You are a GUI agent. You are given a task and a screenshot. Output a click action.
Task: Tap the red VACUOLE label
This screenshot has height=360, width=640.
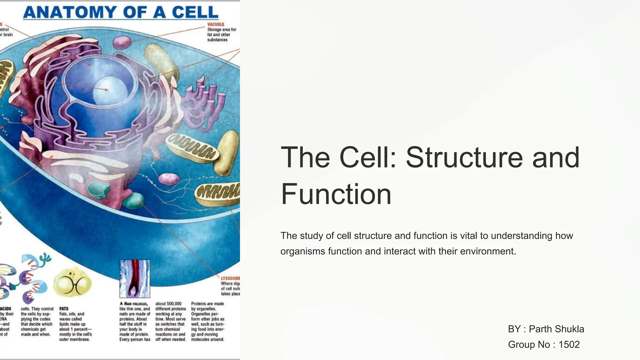(216, 24)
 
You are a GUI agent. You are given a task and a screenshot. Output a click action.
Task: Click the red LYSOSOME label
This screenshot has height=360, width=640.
(230, 278)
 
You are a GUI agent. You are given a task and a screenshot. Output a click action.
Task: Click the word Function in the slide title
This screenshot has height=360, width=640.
(336, 194)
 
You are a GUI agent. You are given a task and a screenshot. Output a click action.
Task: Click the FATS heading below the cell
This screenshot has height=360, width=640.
(64, 308)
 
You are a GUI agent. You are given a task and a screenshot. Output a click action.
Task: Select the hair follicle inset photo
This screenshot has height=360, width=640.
(135, 279)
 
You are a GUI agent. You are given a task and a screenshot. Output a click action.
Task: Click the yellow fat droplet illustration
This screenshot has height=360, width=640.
(72, 282)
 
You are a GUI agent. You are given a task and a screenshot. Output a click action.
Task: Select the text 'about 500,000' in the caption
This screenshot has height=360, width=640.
(168, 303)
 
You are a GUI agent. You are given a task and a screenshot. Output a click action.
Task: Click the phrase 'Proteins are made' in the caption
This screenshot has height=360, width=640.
(207, 303)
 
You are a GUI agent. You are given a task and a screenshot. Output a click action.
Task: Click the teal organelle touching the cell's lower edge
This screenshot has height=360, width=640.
(133, 201)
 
